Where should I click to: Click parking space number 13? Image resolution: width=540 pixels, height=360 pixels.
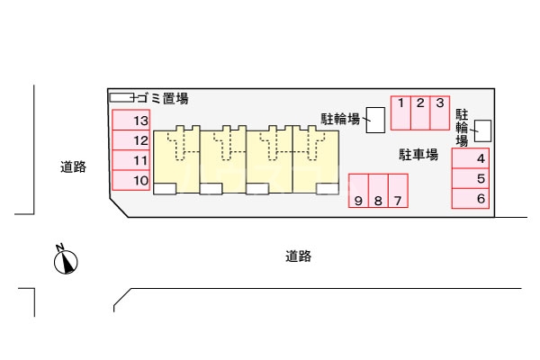[x=131, y=121]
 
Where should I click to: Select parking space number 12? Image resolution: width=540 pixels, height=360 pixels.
[x=131, y=140]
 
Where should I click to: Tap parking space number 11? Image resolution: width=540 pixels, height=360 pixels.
[x=131, y=160]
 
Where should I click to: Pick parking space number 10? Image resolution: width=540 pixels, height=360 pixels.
[x=131, y=181]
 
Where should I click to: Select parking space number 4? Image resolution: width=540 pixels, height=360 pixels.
[x=471, y=159]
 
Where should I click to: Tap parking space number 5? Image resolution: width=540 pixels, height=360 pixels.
[x=471, y=179]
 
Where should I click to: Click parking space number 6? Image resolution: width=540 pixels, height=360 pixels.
[x=471, y=199]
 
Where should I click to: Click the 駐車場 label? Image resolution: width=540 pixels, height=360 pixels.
[x=418, y=155]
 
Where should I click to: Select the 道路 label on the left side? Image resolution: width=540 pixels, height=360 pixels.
[x=74, y=166]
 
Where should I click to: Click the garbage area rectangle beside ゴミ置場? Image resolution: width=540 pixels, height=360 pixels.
[x=121, y=96]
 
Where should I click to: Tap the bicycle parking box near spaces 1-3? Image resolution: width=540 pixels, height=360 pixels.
[x=374, y=118]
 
